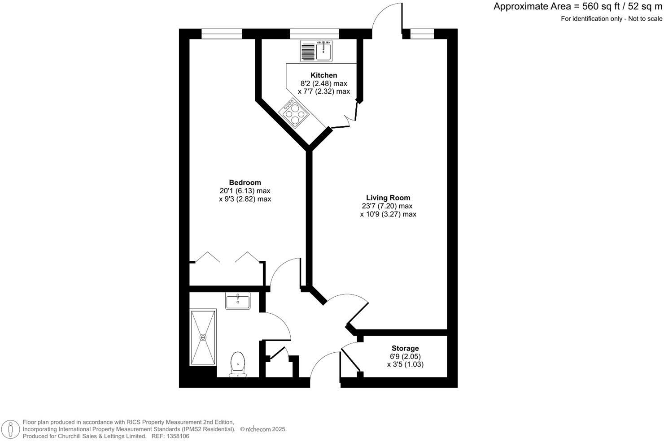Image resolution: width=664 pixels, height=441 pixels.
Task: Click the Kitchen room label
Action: coord(323,75)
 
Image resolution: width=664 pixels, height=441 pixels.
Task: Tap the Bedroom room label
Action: coord(245,182)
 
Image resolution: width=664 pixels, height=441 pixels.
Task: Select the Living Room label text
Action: coord(388,198)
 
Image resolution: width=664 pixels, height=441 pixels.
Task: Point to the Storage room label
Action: coord(405,348)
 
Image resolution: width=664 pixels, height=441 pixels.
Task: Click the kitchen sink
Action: coord(323,50)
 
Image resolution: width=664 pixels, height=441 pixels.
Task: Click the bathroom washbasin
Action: coord(238,301)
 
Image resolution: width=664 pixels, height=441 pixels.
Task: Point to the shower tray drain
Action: coord(203,337)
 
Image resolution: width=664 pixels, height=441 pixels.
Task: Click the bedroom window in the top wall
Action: coord(222,34)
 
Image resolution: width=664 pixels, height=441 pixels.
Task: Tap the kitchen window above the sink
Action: coord(314,34)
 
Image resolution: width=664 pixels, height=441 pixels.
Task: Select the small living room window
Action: coord(422,34)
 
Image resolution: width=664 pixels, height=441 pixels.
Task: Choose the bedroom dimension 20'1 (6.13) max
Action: coord(245,191)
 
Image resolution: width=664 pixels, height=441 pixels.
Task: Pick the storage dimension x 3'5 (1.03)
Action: coord(405,364)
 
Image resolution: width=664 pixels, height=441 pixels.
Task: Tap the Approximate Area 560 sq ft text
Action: coord(577,7)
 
